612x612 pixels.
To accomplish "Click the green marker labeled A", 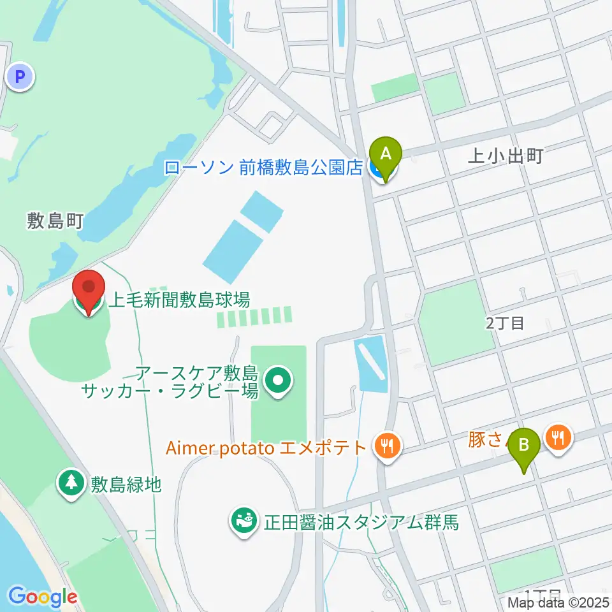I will pos(385,154).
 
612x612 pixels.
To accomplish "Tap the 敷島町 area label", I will pos(55,221).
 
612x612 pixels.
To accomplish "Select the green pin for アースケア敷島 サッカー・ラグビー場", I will pos(279,382).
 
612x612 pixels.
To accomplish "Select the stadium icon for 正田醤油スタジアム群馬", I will pos(243,521).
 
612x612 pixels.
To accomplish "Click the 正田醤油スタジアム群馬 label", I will pos(361,523).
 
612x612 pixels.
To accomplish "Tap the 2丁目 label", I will pos(504,323).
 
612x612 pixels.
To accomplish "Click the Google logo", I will pos(43,597).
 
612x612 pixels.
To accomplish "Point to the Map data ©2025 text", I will pos(558,602).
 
